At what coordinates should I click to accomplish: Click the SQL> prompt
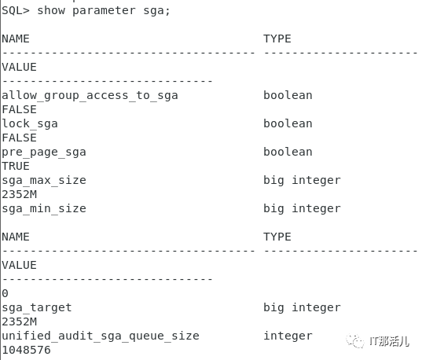16,11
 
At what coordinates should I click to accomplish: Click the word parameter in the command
104,11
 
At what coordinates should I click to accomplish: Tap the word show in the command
51,10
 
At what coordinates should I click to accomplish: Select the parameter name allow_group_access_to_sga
90,96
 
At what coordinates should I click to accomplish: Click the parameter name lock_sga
30,124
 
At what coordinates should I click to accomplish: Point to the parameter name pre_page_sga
44,152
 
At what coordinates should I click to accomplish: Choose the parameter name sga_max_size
44,181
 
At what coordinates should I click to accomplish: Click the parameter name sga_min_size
44,209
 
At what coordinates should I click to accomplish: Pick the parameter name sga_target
37,308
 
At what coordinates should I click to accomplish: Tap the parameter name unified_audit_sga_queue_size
101,336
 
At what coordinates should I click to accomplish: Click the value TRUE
16,166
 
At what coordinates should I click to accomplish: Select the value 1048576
27,350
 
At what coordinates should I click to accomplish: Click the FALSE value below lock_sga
19,138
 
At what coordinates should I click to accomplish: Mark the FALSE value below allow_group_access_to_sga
19,109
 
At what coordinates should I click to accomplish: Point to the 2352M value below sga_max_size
19,194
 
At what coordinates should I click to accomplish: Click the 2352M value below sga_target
19,321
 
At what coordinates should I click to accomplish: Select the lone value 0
6,293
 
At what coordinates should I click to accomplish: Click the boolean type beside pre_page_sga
288,152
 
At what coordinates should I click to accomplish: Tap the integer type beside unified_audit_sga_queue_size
288,336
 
